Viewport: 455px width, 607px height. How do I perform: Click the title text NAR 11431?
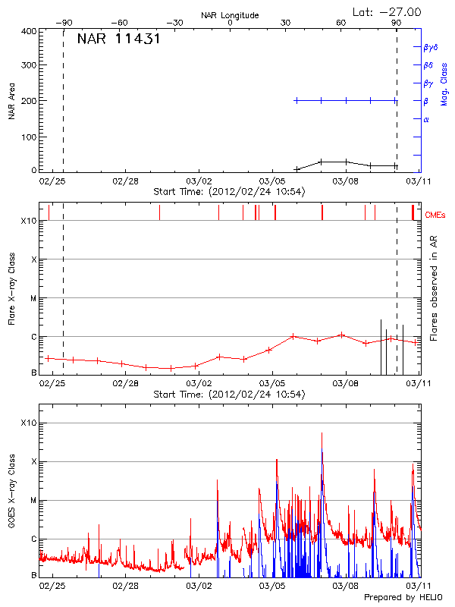[118, 39]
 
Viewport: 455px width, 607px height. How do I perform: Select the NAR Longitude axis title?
[230, 14]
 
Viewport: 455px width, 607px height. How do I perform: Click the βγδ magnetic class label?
[430, 47]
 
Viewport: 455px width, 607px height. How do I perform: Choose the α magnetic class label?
[426, 119]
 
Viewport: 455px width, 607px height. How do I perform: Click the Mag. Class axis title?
[444, 83]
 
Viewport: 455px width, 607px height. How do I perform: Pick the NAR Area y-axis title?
[11, 101]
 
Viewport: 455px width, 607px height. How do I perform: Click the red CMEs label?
[436, 215]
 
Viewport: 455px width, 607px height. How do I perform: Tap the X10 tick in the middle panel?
[28, 221]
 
